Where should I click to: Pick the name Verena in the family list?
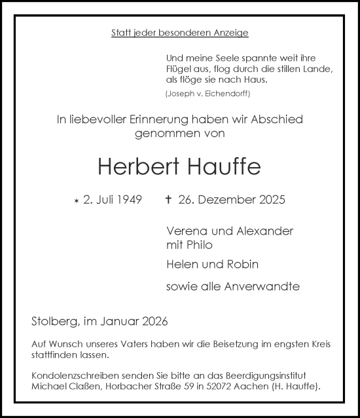coord(186,231)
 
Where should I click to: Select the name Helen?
coord(183,265)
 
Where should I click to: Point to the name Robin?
coord(243,265)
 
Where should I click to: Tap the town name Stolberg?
coord(55,321)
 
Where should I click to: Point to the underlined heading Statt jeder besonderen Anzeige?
coord(180,33)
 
